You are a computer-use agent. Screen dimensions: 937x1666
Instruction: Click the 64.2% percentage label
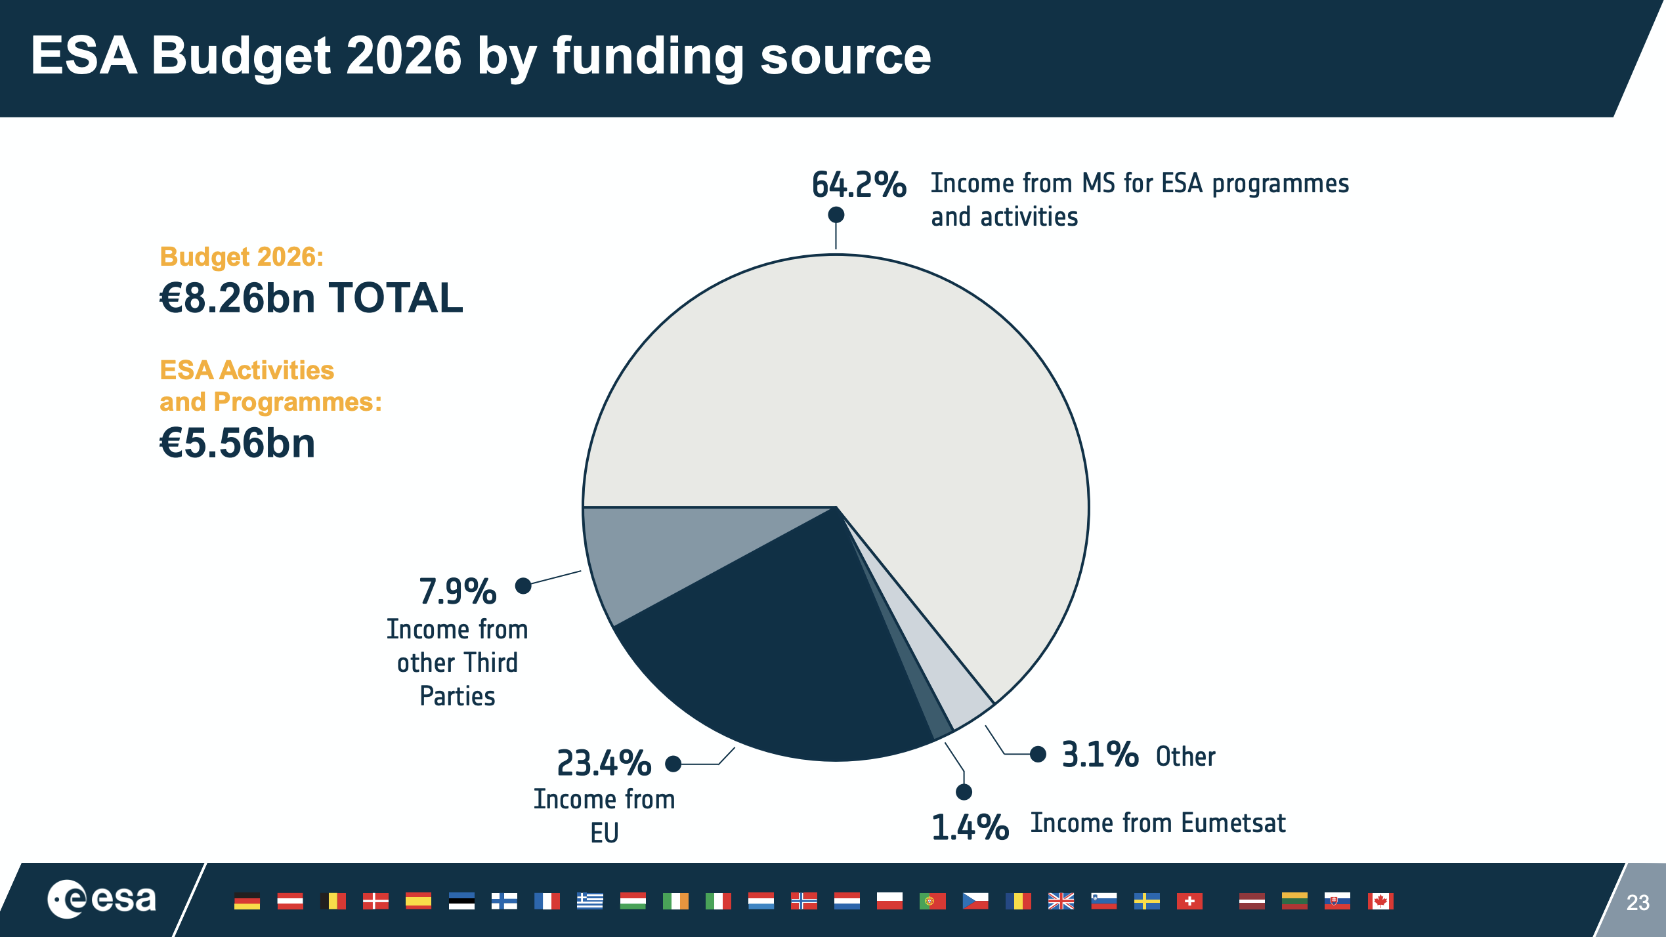(x=859, y=184)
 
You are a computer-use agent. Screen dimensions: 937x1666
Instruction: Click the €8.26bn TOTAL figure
(x=311, y=298)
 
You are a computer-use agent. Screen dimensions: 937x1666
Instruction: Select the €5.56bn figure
(x=238, y=443)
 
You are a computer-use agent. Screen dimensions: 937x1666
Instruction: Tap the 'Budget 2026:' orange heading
(x=242, y=257)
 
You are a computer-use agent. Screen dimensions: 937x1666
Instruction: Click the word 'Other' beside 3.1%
(x=1185, y=757)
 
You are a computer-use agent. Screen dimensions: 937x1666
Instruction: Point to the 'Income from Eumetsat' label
(x=1158, y=823)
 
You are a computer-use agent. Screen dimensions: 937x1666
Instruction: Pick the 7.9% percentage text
(x=458, y=591)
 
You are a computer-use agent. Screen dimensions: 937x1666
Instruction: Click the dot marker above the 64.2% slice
(x=836, y=215)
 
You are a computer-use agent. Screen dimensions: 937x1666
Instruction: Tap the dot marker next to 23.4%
(x=673, y=764)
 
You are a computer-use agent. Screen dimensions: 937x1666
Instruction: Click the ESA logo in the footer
(x=102, y=899)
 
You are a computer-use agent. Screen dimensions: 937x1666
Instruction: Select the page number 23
(x=1638, y=903)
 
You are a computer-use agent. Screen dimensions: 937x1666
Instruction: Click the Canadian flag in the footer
(x=1380, y=901)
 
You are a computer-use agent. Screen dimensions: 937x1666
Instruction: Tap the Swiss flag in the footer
(x=1189, y=901)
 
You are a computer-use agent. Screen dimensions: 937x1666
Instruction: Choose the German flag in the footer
(x=247, y=901)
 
